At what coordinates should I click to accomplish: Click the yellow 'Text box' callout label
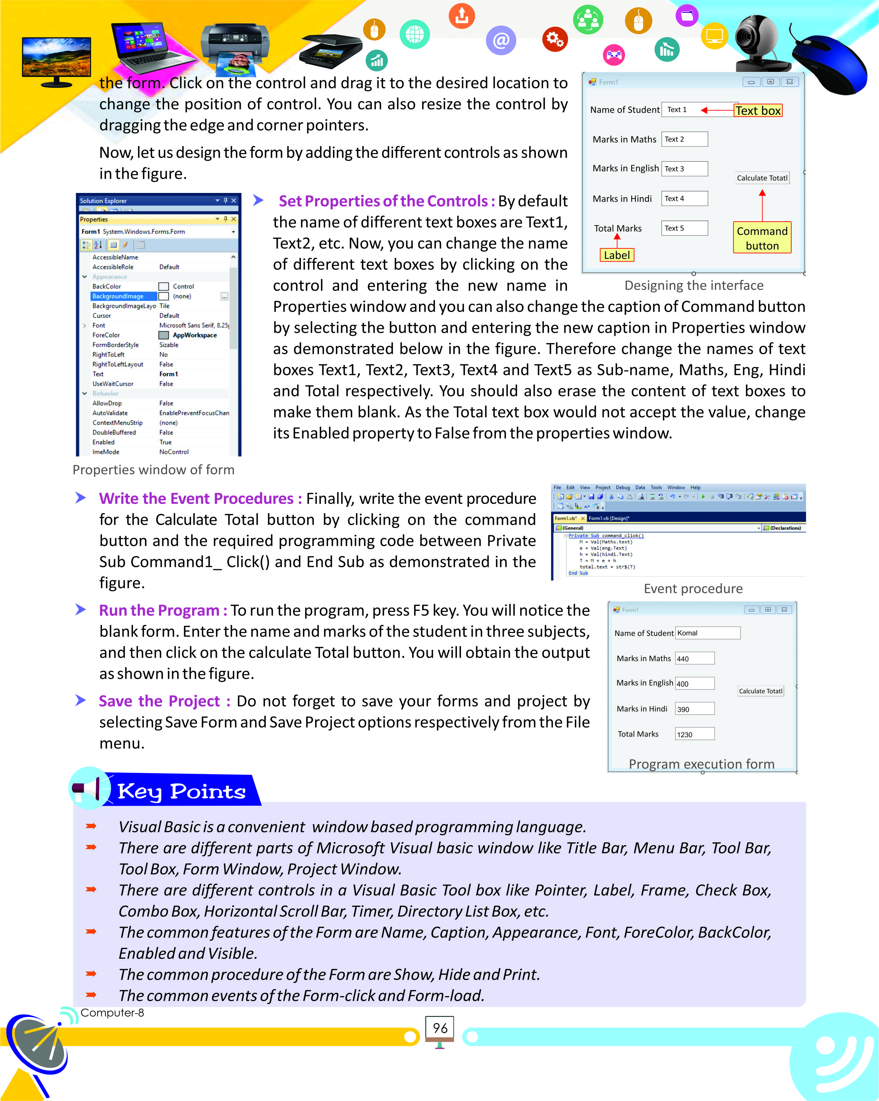point(758,111)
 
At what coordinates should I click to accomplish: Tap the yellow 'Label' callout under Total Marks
point(616,255)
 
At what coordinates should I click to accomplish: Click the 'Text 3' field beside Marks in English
point(684,169)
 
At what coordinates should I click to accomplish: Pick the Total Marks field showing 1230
point(694,734)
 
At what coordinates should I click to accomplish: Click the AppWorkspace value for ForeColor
point(194,335)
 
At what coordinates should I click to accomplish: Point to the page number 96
point(440,1028)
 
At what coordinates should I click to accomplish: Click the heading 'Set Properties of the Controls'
point(386,201)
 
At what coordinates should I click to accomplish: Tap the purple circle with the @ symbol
point(501,40)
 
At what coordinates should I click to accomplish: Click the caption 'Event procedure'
point(693,589)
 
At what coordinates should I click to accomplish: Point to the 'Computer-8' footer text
point(113,1013)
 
